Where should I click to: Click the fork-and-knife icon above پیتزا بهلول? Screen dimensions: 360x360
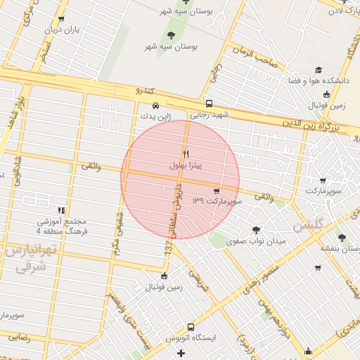[x=186, y=154]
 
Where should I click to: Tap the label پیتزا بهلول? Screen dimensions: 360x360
[x=186, y=166]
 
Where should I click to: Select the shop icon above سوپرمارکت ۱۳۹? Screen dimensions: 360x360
[x=216, y=191]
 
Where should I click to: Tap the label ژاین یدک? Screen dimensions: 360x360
[x=155, y=116]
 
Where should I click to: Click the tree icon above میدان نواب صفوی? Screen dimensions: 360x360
[x=255, y=229]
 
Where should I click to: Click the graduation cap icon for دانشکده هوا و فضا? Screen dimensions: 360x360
[x=319, y=70]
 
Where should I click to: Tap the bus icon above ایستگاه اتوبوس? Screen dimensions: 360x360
[x=191, y=327]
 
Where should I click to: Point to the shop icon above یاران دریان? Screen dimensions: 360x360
[x=62, y=19]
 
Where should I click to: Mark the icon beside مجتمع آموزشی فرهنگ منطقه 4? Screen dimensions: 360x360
[x=62, y=210]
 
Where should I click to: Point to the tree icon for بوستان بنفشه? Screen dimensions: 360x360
[x=342, y=238]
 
